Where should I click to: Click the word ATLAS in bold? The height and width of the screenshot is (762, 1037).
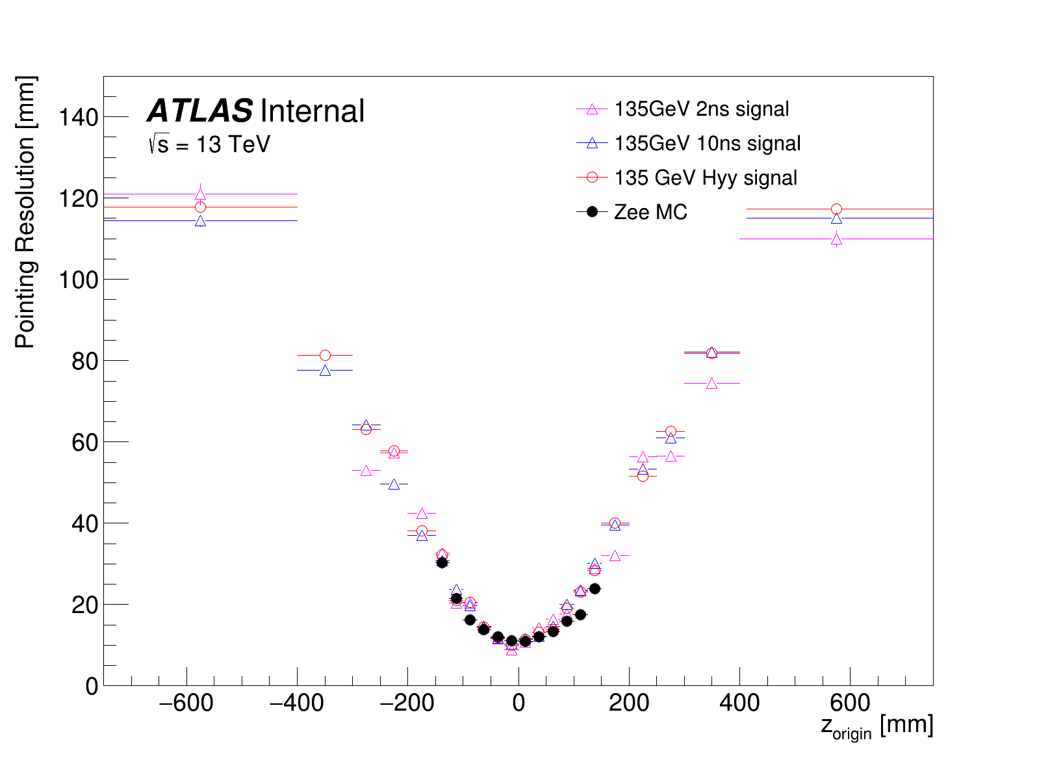pos(200,111)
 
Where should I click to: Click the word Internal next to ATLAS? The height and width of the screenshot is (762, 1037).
pos(312,111)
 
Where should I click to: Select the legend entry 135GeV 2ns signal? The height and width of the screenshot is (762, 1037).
pos(702,109)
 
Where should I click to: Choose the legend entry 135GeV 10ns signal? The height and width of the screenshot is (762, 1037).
pos(708,143)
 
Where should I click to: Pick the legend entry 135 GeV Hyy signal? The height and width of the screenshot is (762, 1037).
pos(706,177)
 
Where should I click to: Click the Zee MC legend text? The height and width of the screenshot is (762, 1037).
pos(650,212)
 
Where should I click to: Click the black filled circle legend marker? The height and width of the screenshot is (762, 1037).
pos(592,212)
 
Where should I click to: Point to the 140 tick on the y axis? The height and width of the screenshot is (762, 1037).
pos(78,117)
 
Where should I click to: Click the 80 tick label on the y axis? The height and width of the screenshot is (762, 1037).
pos(84,361)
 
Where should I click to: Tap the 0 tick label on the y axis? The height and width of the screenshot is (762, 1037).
pos(92,686)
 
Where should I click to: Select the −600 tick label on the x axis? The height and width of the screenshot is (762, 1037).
pos(186,703)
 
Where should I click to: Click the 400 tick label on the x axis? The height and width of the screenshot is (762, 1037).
pos(739,703)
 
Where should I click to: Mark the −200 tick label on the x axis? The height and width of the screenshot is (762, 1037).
pos(407,703)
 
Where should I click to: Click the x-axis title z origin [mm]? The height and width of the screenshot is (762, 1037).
pos(877,726)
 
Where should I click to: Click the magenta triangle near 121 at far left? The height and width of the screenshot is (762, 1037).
pos(200,194)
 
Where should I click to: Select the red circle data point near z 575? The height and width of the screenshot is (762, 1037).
pos(836,209)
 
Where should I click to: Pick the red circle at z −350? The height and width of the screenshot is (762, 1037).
pos(325,355)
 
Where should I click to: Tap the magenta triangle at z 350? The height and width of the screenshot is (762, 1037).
pos(711,384)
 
